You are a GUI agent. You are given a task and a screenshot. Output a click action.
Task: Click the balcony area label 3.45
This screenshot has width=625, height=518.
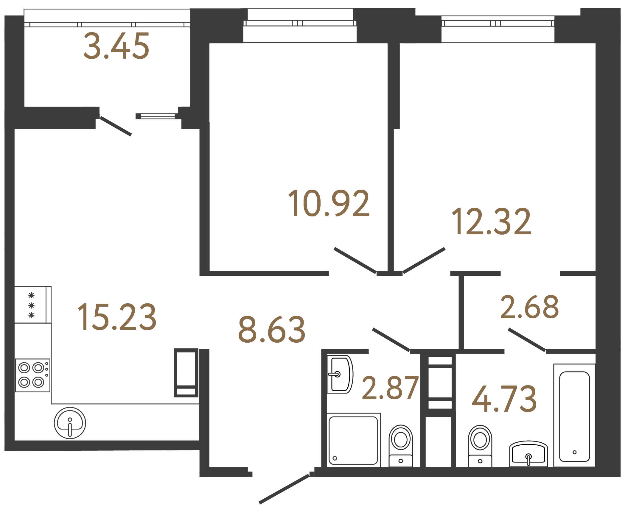pyautogui.click(x=116, y=46)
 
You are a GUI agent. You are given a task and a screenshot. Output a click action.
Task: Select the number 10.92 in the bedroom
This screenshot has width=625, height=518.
pyautogui.click(x=329, y=203)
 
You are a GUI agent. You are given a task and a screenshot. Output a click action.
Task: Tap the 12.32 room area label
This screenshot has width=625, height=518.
pyautogui.click(x=491, y=222)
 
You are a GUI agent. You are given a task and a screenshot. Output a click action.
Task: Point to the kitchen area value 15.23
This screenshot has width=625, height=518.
pyautogui.click(x=117, y=317)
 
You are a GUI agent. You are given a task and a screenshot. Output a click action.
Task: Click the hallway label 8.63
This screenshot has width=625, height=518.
pyautogui.click(x=272, y=330)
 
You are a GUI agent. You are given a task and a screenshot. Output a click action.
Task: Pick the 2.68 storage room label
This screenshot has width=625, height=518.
pyautogui.click(x=529, y=307)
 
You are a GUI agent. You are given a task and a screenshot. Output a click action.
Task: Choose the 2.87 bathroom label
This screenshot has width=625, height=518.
pyautogui.click(x=390, y=388)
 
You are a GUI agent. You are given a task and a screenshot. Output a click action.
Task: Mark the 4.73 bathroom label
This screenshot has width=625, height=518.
pyautogui.click(x=504, y=399)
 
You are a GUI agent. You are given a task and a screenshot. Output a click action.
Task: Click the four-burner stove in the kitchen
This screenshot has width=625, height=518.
pyautogui.click(x=32, y=375)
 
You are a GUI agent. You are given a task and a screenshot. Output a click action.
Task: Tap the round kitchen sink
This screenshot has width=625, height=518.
pyautogui.click(x=70, y=423)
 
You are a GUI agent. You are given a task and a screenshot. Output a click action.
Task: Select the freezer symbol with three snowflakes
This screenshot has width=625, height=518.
pyautogui.click(x=31, y=305)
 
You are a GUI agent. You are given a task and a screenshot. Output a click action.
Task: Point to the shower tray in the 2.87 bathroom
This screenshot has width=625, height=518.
pyautogui.click(x=353, y=440)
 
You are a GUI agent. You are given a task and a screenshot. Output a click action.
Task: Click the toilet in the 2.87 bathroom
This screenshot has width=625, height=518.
pyautogui.click(x=401, y=446)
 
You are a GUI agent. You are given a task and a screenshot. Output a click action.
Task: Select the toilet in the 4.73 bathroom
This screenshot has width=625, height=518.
pyautogui.click(x=480, y=446)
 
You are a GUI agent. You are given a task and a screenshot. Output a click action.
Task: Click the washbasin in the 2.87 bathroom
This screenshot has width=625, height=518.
pyautogui.click(x=340, y=374)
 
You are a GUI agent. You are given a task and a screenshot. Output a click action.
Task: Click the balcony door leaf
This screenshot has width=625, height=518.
pyautogui.click(x=116, y=126)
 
